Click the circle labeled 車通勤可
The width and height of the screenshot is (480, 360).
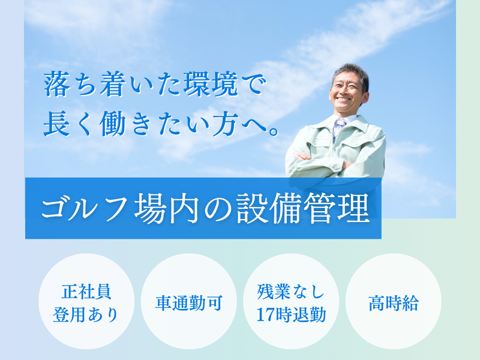(x=188, y=302)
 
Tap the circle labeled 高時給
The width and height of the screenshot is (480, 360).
(x=394, y=302)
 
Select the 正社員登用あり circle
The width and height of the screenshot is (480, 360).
(x=85, y=302)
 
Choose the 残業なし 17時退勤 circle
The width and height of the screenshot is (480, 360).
(x=291, y=302)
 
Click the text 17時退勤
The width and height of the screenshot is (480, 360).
(x=291, y=314)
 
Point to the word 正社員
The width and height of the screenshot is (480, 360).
(x=85, y=291)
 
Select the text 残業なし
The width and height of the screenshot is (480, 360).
(x=291, y=291)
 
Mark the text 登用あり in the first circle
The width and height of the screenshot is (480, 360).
(x=85, y=314)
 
